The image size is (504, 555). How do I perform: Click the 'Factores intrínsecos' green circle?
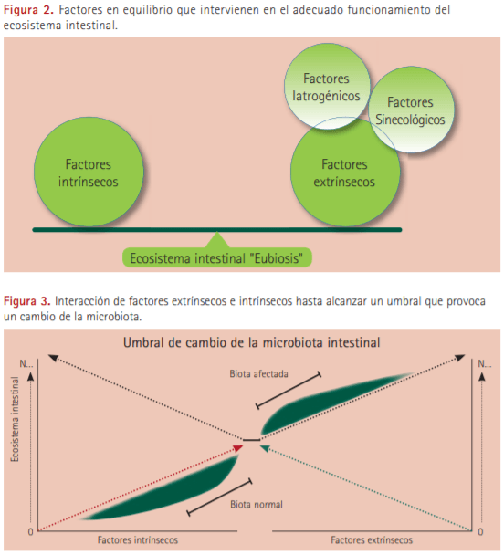click(x=89, y=172)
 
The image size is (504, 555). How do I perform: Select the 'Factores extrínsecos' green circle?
click(x=345, y=172)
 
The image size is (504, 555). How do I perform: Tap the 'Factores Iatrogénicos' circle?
click(x=328, y=86)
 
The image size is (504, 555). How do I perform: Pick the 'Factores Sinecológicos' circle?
click(x=411, y=110)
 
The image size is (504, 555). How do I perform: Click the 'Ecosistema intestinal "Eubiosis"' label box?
click(x=216, y=257)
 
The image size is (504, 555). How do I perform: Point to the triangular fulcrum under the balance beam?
click(x=217, y=240)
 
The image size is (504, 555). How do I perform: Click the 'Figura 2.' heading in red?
click(x=28, y=10)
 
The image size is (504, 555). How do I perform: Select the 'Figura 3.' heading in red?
click(x=27, y=301)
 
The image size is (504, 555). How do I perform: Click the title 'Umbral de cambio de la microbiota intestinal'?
click(x=252, y=342)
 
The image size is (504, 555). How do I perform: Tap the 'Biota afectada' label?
click(x=258, y=373)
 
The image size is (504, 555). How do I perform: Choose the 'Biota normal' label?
click(x=257, y=504)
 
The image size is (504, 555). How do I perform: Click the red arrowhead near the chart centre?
click(x=239, y=448)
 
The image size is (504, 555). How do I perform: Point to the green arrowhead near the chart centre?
click(x=265, y=448)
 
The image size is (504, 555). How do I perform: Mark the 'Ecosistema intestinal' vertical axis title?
click(x=15, y=419)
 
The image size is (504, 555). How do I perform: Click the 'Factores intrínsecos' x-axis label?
click(x=138, y=539)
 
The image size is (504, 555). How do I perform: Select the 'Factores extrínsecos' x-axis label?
click(x=372, y=539)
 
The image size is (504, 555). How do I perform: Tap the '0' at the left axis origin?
click(x=31, y=531)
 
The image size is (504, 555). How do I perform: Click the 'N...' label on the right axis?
click(x=485, y=363)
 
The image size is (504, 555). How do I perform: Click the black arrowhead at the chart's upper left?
click(x=53, y=358)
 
